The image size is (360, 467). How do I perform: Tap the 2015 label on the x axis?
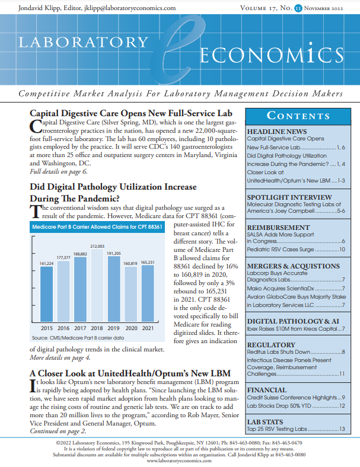click(47, 328)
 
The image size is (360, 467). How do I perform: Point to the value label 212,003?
click(97, 246)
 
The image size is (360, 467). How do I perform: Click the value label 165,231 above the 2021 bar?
click(147, 262)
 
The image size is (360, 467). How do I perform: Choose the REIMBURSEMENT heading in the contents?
click(278, 227)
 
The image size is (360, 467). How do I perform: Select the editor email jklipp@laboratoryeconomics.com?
click(134, 8)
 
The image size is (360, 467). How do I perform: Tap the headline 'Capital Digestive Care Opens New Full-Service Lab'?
click(130, 113)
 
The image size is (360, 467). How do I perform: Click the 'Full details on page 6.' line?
click(59, 171)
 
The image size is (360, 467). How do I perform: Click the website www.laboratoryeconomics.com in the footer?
click(180, 460)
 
